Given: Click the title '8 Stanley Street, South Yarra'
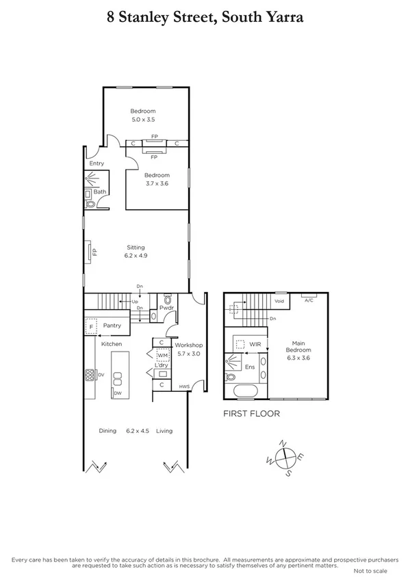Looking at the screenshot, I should point(205,18).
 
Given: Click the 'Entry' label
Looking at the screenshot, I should point(97,163).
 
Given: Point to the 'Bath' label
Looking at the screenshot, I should point(100,192).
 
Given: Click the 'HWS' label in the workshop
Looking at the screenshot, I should point(184,387).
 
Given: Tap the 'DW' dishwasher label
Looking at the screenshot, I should point(118,394).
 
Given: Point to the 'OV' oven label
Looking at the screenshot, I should point(100,374).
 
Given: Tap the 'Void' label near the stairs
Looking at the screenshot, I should point(279,300).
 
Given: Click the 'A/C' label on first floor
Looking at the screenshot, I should point(309,300).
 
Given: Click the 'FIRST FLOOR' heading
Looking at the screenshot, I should point(252,414).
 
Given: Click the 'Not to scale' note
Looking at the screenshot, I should point(370,570).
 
